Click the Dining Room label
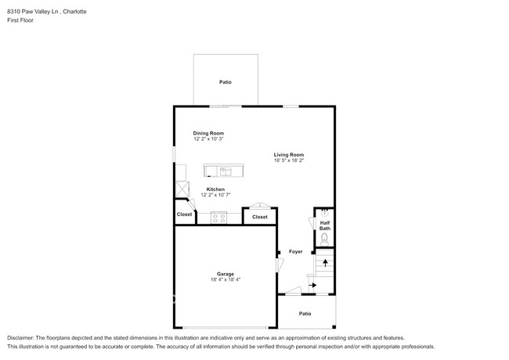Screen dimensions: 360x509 (x=208, y=133)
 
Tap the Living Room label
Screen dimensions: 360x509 (x=289, y=154)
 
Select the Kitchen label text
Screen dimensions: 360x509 (x=215, y=189)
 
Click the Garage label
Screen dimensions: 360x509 (x=226, y=274)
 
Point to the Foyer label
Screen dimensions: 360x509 (x=295, y=251)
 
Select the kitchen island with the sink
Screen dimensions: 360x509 (x=223, y=171)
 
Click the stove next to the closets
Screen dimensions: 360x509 (x=219, y=217)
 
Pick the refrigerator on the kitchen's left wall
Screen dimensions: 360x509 (x=183, y=189)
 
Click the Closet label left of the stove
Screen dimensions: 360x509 (x=184, y=214)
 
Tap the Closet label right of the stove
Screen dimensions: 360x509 (x=259, y=217)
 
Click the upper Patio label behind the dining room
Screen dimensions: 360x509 (x=225, y=82)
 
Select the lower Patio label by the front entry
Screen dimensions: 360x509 (x=305, y=313)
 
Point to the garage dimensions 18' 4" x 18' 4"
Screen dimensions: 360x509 (x=226, y=280)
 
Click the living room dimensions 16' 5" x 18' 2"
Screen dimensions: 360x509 (x=289, y=161)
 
